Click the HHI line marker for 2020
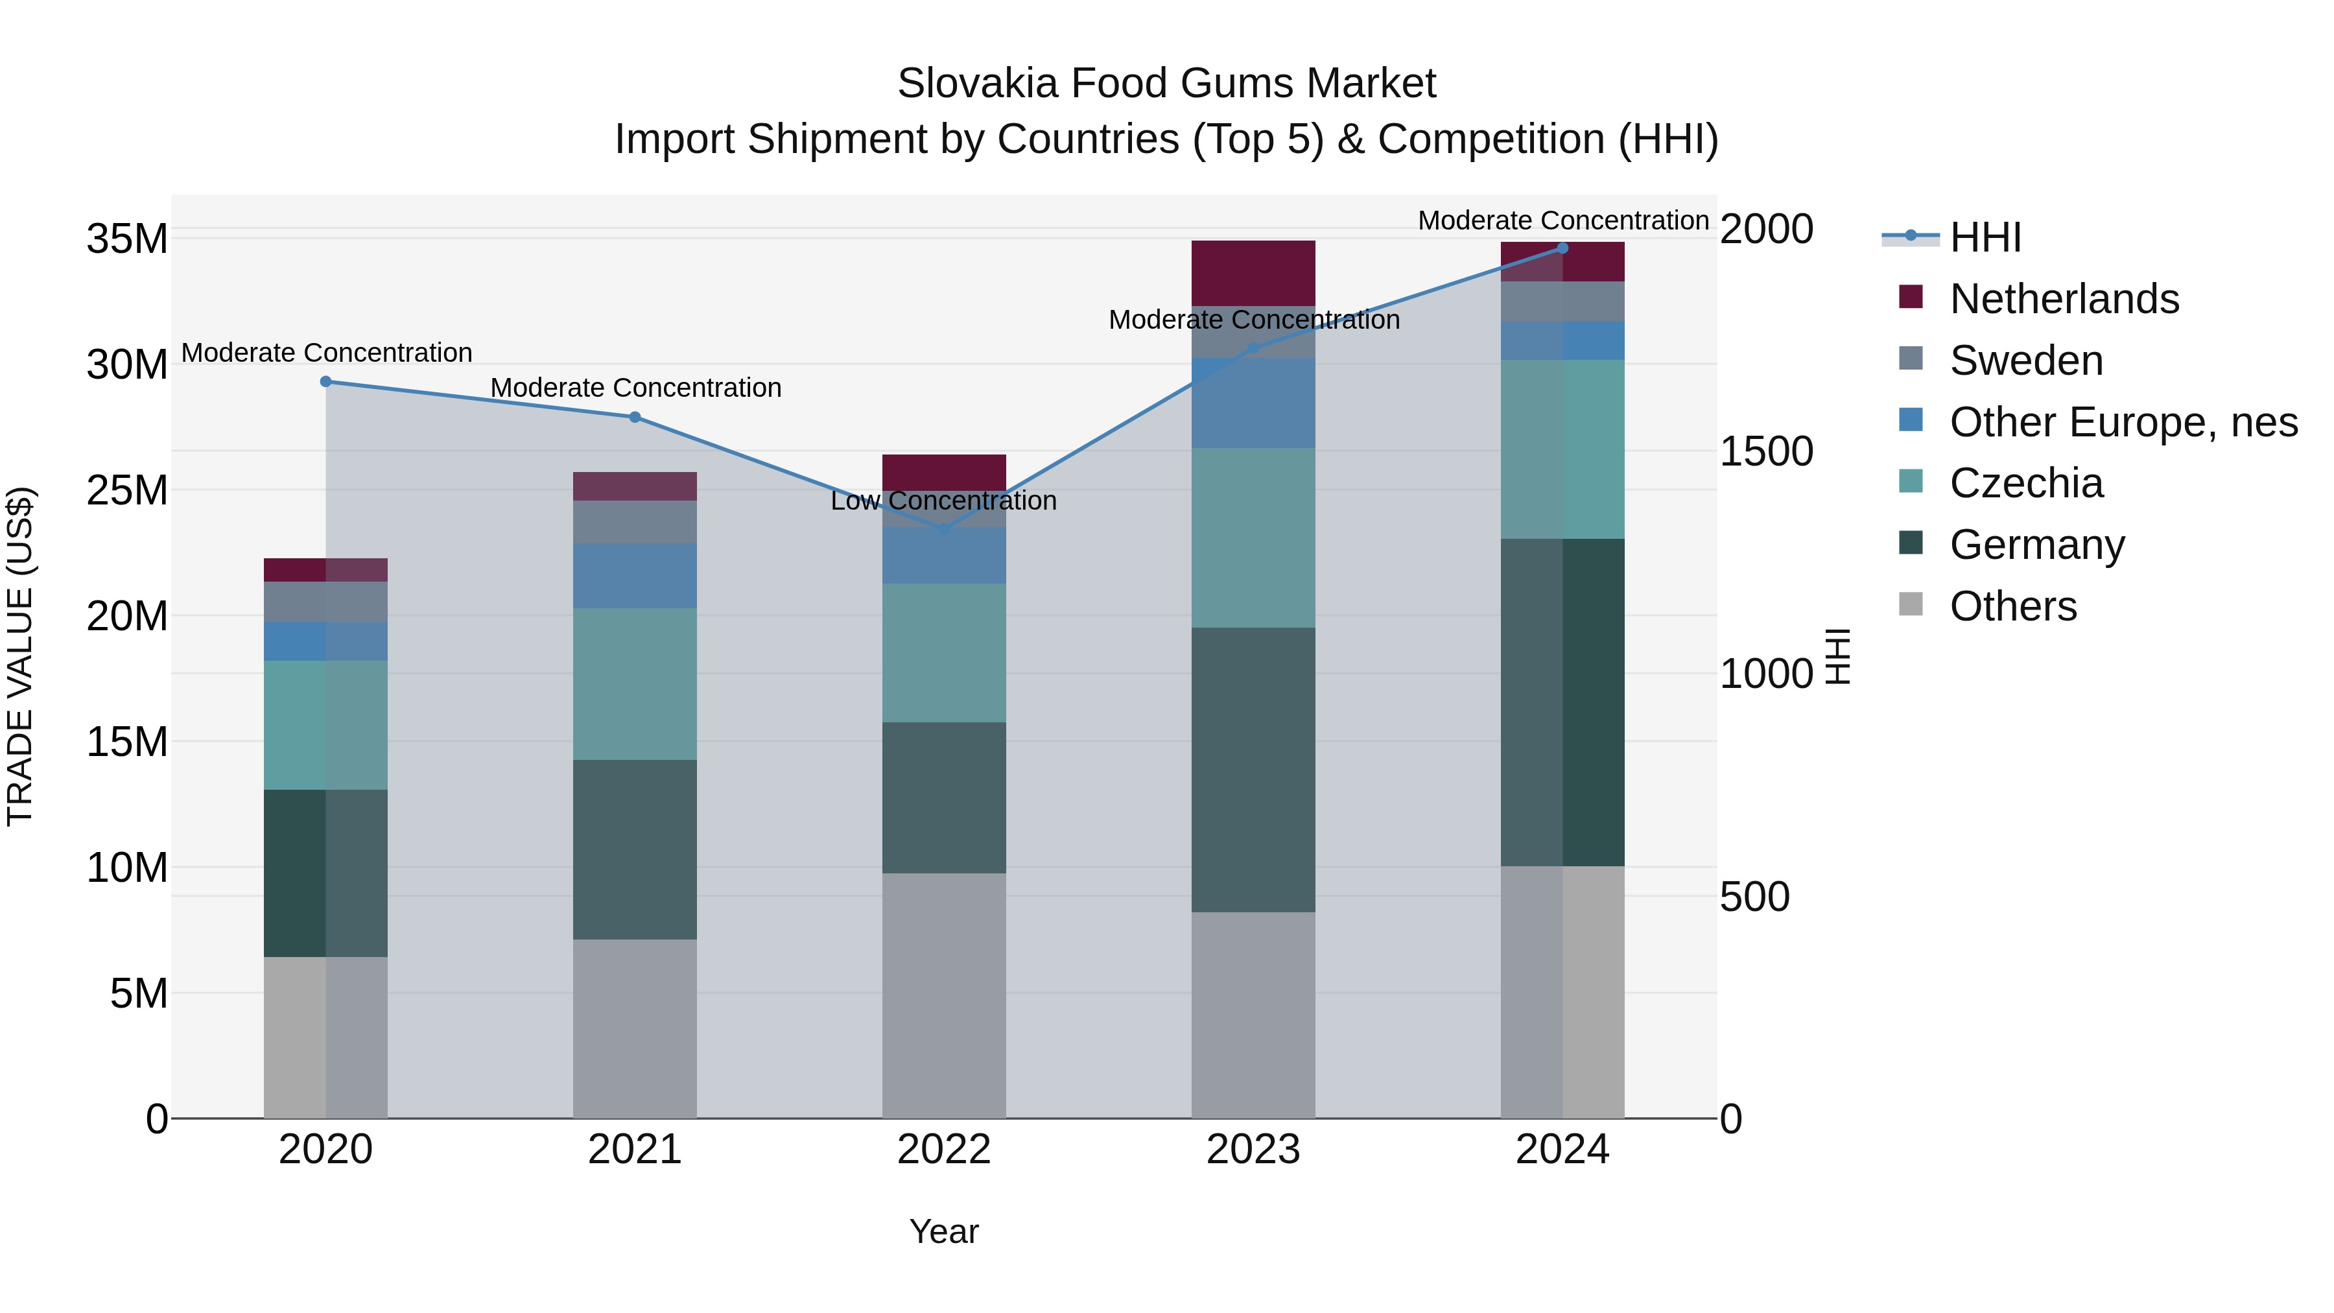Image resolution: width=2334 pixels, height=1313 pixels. pyautogui.click(x=325, y=381)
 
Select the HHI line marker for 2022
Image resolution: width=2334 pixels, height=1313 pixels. pyautogui.click(x=944, y=528)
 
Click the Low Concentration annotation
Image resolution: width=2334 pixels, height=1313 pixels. pyautogui.click(x=943, y=501)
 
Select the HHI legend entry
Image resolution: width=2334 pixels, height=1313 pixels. pyautogui.click(x=1985, y=237)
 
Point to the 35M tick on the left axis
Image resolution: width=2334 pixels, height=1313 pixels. pyautogui.click(x=127, y=239)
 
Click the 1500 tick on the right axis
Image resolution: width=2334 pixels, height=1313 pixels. pyautogui.click(x=1766, y=451)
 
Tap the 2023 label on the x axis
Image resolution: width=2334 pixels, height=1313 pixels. pyautogui.click(x=1253, y=1150)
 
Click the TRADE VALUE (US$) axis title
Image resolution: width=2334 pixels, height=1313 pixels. pyautogui.click(x=20, y=656)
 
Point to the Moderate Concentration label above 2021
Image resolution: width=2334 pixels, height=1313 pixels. pyautogui.click(x=635, y=388)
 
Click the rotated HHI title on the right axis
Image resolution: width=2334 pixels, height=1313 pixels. pyautogui.click(x=1837, y=656)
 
